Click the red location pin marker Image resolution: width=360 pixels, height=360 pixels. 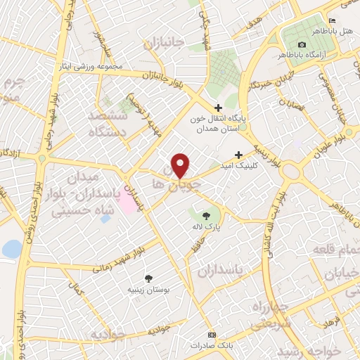(181, 165)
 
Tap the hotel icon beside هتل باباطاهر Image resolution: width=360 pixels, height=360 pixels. (333, 20)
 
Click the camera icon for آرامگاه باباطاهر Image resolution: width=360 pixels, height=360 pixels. (302, 45)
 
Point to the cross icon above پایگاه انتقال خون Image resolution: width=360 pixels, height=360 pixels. (217, 107)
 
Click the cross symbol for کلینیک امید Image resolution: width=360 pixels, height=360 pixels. (239, 155)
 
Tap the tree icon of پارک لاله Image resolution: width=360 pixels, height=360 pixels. (206, 216)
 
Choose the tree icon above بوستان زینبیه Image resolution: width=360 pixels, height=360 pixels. (148, 278)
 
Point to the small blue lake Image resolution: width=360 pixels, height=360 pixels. (11, 249)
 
